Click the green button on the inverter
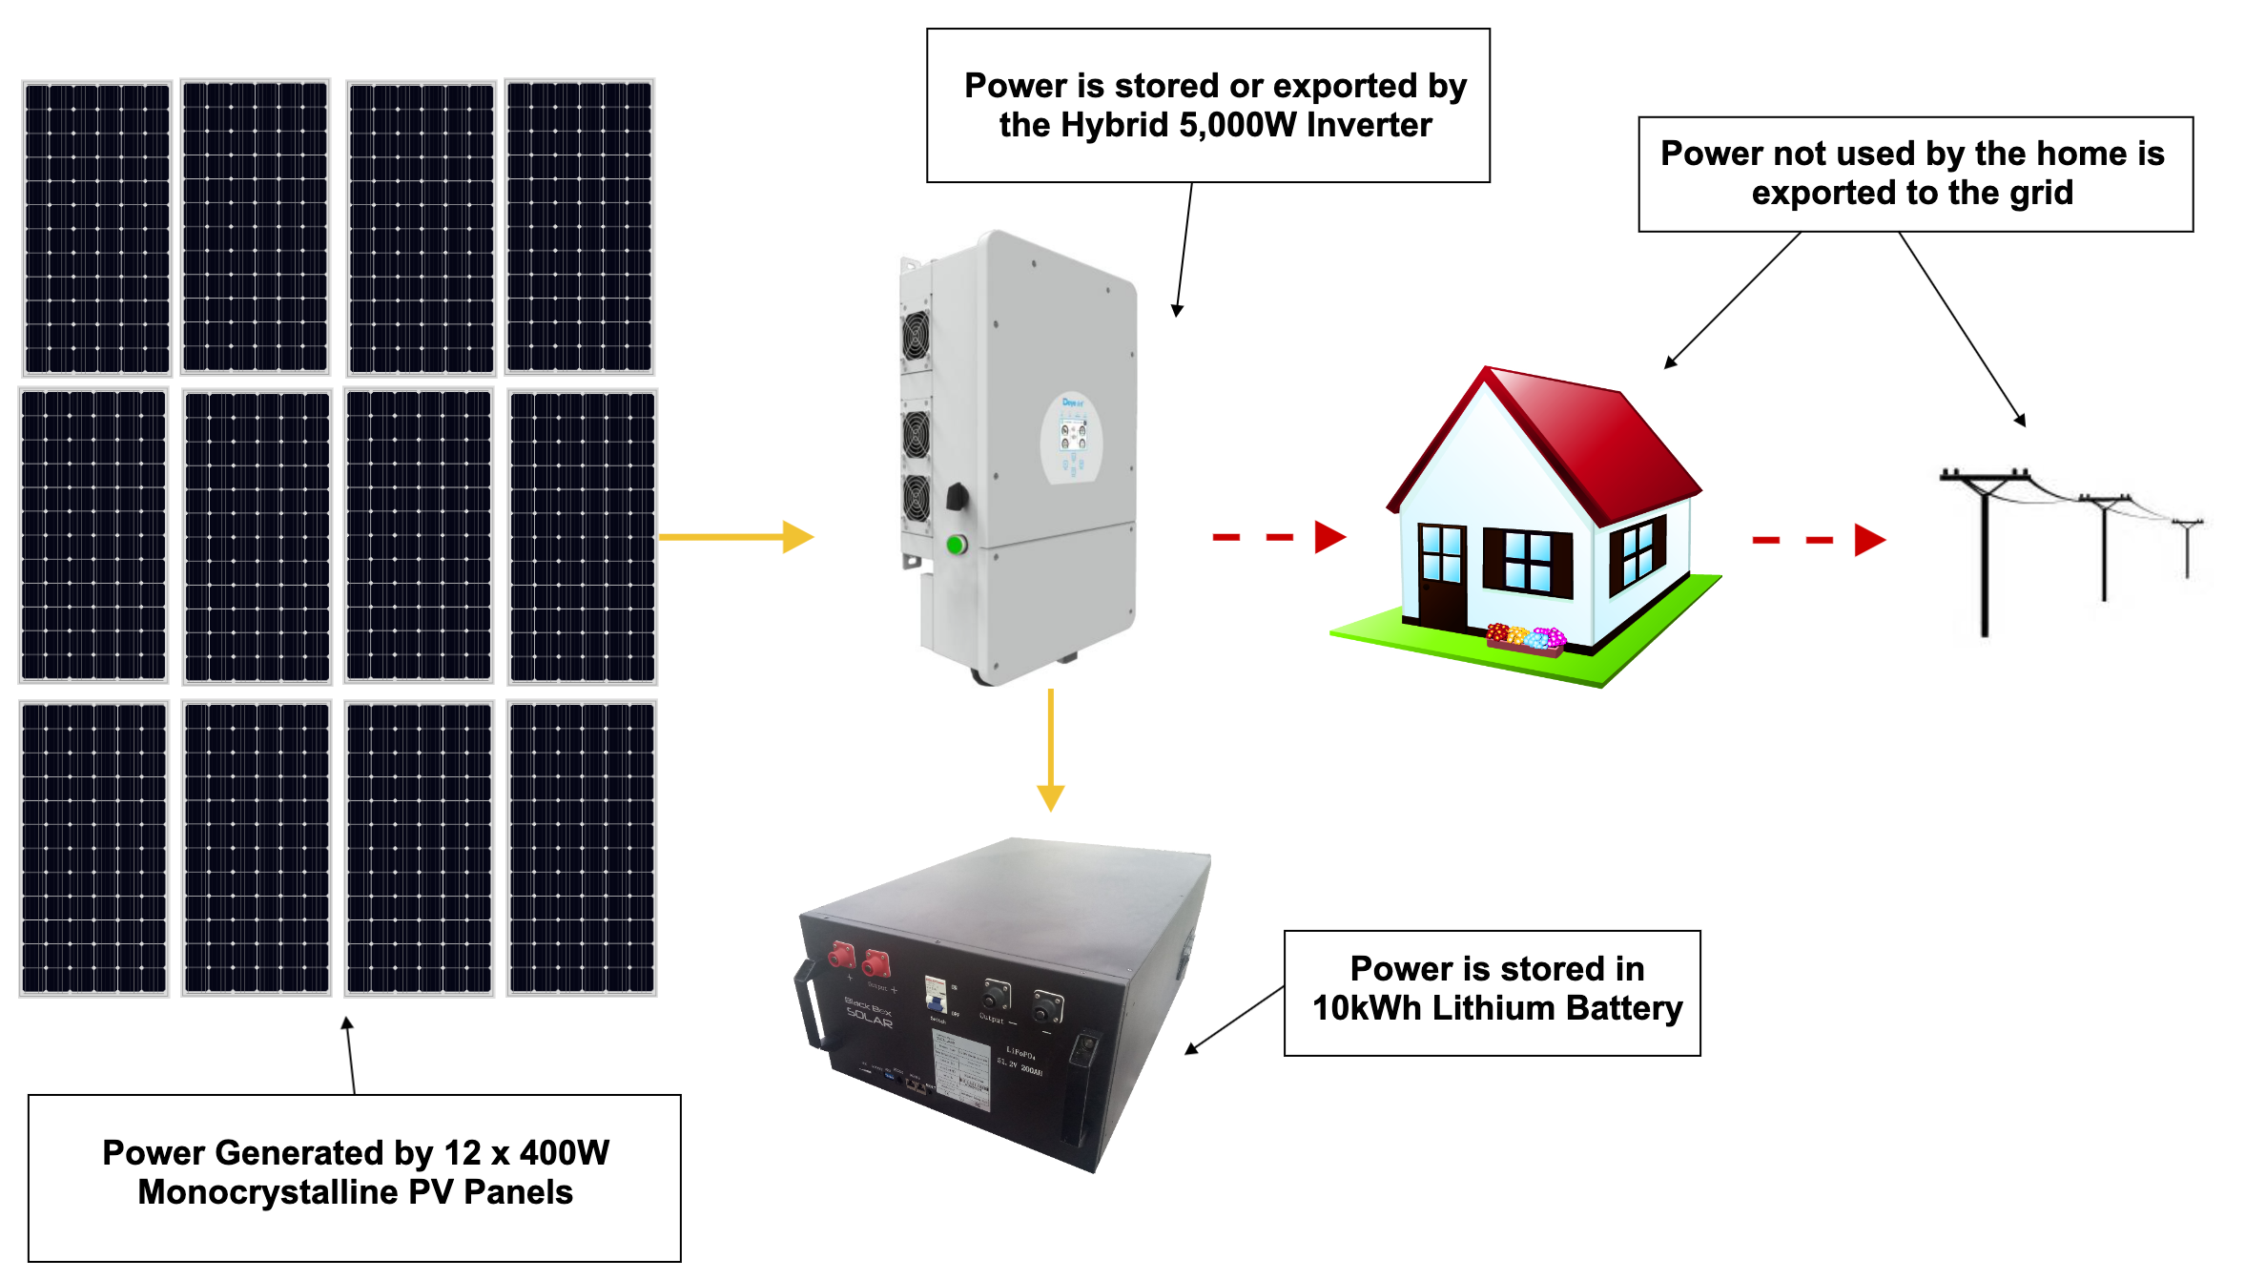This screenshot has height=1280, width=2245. click(x=956, y=545)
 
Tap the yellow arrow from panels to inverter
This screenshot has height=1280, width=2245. click(x=734, y=536)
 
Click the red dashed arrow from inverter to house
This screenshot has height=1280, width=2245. click(x=1278, y=537)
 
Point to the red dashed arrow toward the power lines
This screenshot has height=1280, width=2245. click(x=1818, y=540)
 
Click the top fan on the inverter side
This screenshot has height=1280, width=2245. click(x=917, y=336)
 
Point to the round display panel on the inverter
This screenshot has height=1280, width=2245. click(x=1072, y=439)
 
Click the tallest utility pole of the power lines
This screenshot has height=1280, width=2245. click(x=1984, y=553)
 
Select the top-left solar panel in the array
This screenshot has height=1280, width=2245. click(x=97, y=227)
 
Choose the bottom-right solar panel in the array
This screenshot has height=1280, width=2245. click(x=582, y=848)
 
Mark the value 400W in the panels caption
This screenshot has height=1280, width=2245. click(x=564, y=1153)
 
